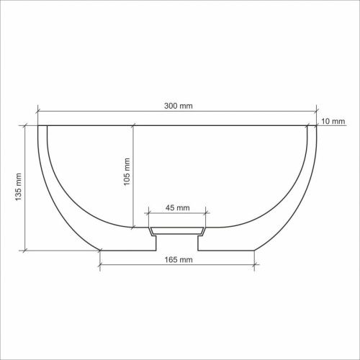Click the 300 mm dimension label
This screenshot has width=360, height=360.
(x=179, y=106)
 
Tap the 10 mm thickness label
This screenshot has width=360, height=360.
(x=333, y=121)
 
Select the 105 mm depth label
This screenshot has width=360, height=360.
(x=127, y=171)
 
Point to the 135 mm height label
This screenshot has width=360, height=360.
(x=18, y=187)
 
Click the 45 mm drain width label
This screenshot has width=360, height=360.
(x=178, y=207)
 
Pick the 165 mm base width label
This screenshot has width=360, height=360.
(x=179, y=259)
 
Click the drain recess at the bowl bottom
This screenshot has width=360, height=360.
(x=177, y=231)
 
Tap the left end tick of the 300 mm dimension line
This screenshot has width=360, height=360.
(x=38, y=111)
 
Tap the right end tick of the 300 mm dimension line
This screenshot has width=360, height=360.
(x=316, y=111)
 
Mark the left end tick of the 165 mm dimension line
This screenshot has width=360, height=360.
(x=100, y=265)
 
